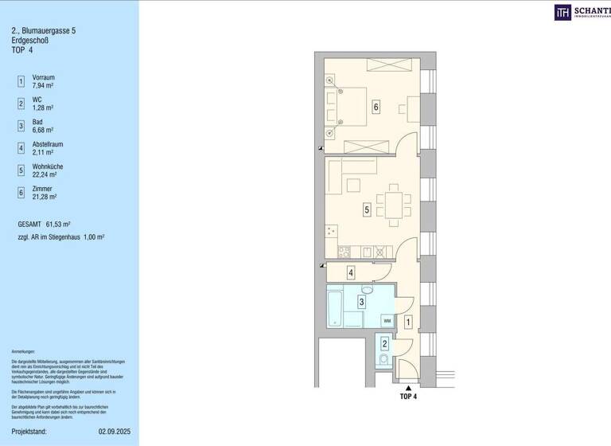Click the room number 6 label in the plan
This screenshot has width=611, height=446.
376,108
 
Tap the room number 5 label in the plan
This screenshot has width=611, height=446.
367,210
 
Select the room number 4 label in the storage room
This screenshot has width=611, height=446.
351,273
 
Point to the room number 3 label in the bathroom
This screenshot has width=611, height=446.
361,302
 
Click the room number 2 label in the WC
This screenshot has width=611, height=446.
384,344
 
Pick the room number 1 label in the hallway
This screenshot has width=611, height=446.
408,323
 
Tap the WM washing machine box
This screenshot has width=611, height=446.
387,320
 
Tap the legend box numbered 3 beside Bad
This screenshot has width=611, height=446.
21,126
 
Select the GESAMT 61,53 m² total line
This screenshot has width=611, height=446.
49,225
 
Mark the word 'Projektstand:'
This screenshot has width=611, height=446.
29,432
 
